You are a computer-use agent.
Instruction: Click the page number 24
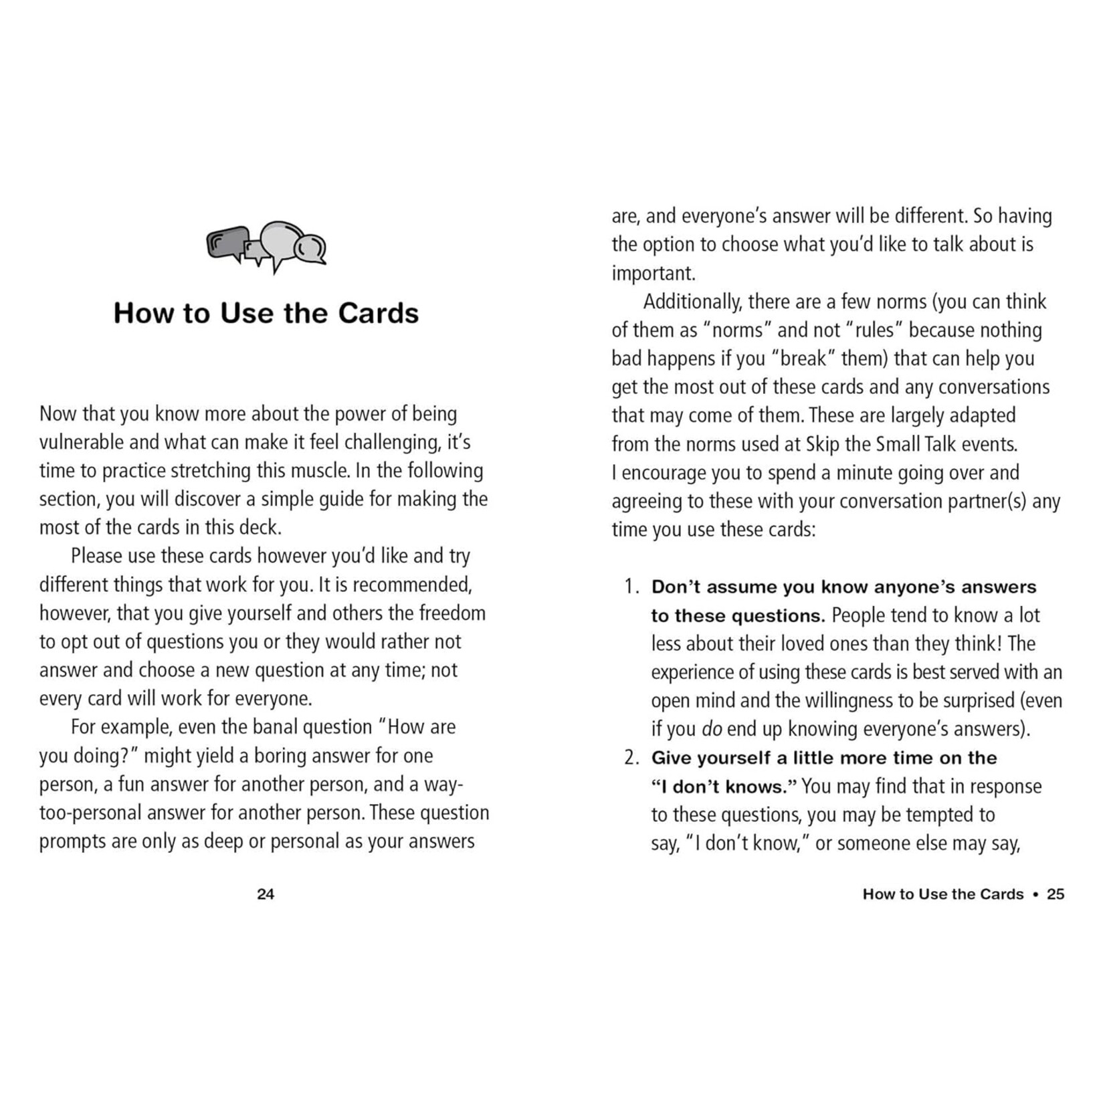(266, 894)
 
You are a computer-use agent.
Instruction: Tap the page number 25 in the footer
(1056, 894)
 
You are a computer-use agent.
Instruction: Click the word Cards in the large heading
(378, 313)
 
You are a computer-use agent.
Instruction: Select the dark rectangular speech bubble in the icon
(227, 243)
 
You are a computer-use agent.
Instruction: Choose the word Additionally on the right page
(692, 302)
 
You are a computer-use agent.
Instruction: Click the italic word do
(712, 729)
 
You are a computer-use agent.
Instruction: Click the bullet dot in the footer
(1035, 894)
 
